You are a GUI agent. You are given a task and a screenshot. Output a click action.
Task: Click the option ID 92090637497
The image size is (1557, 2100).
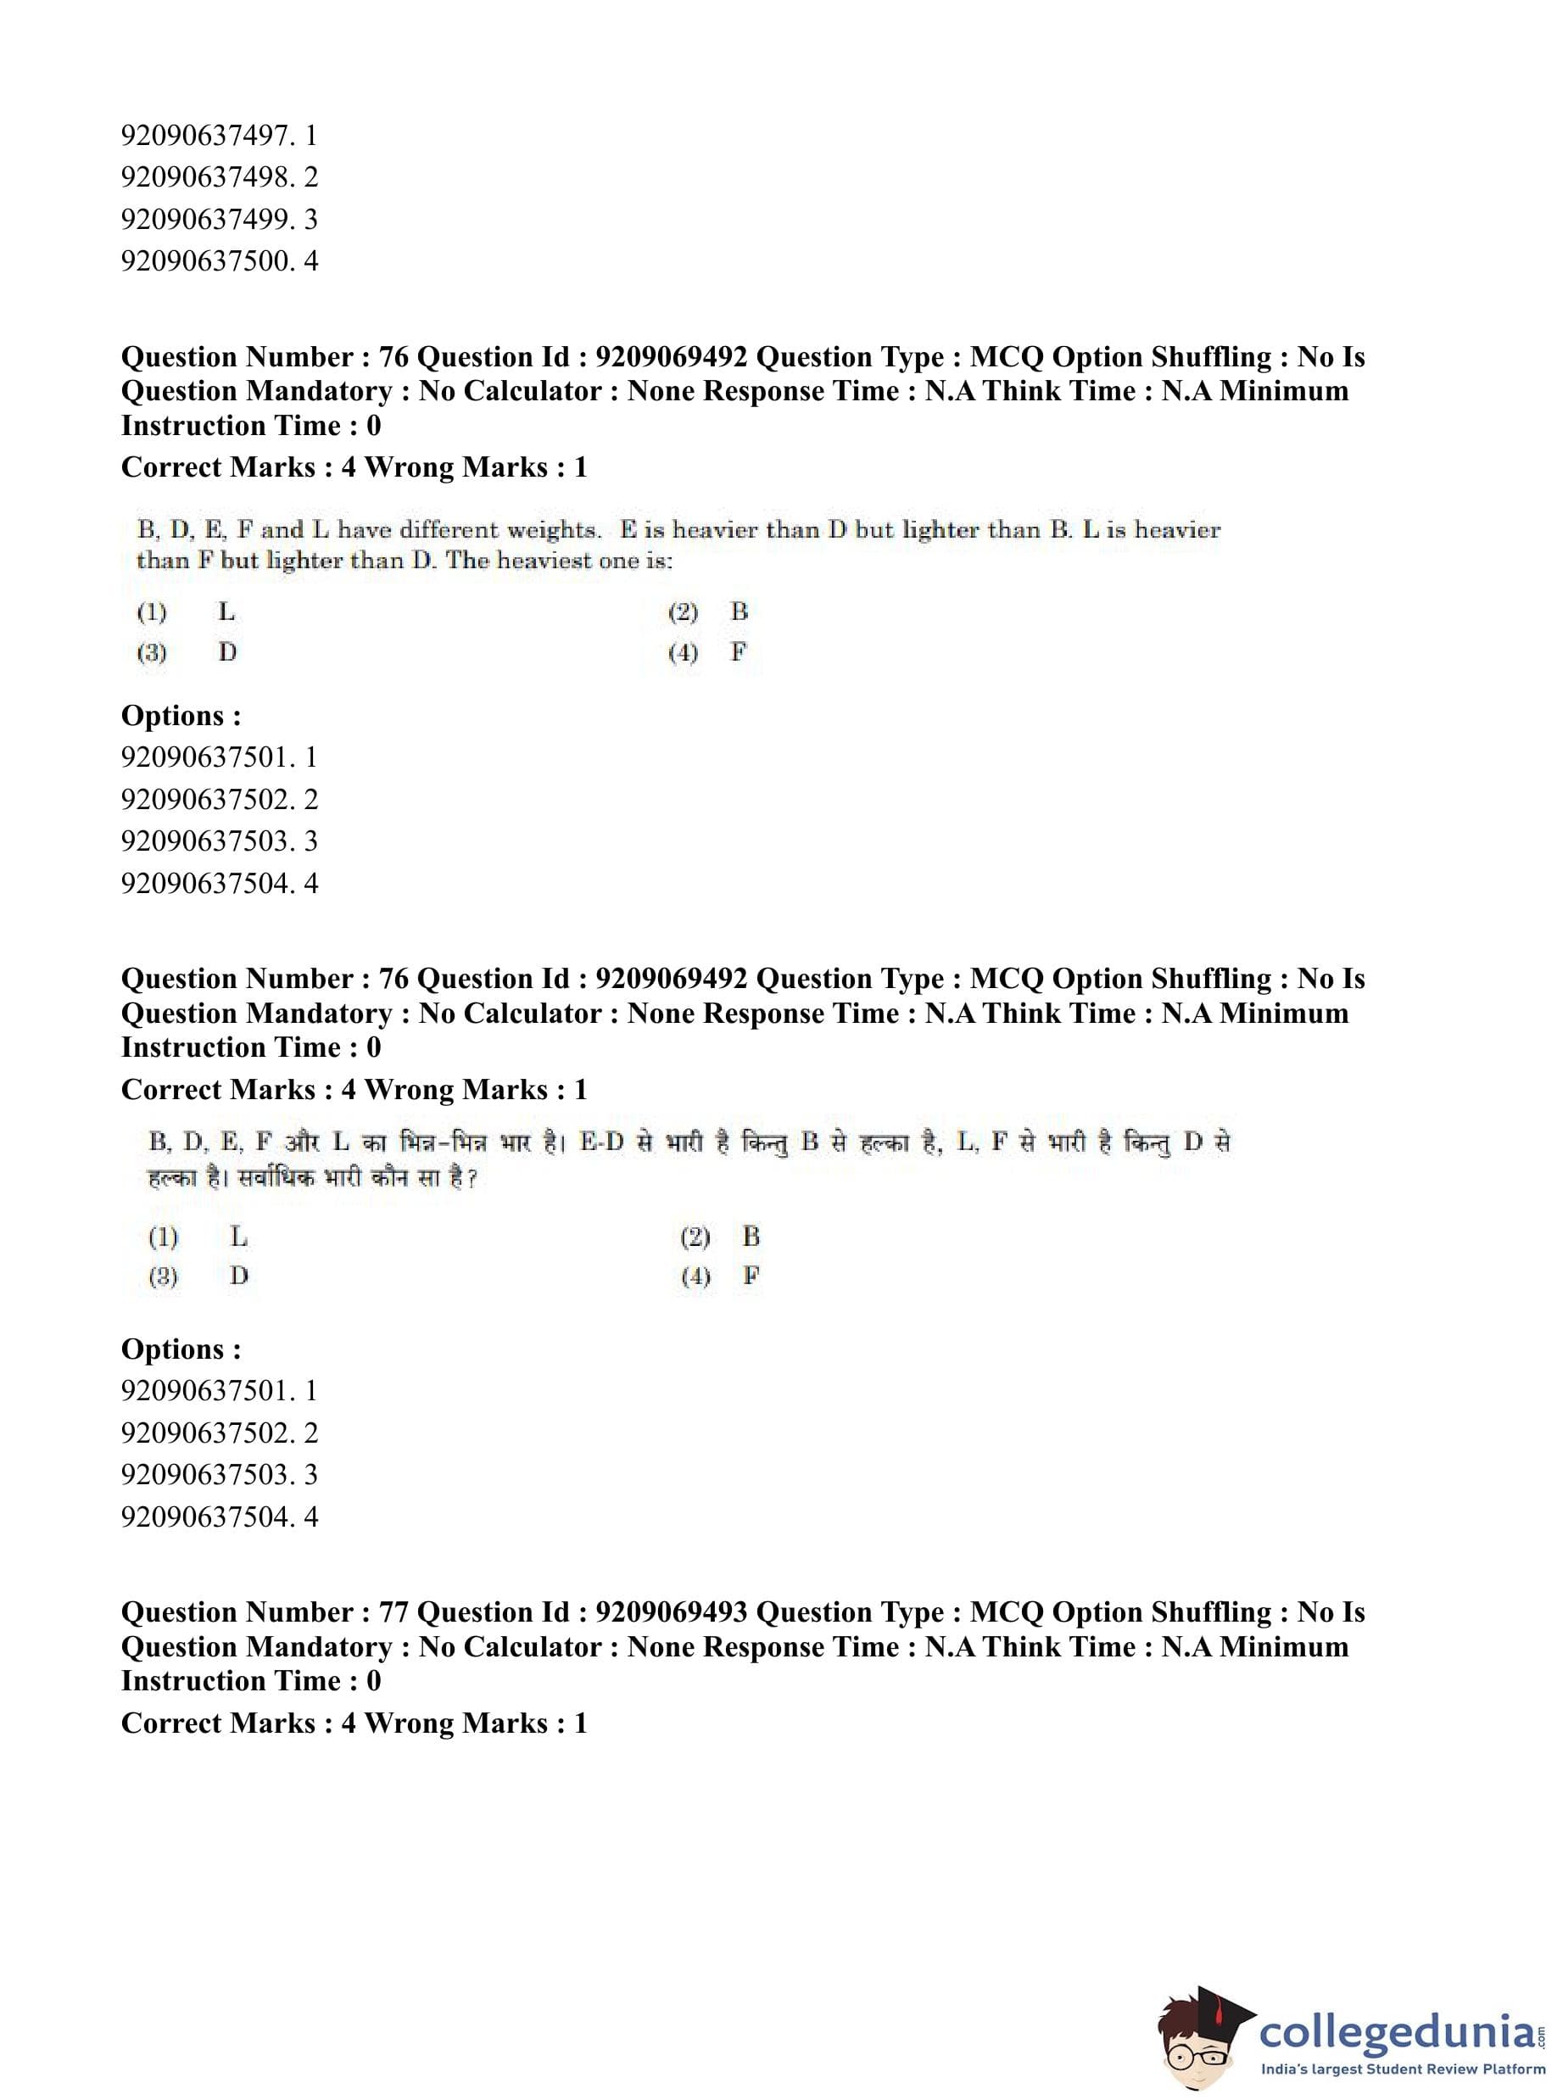206,136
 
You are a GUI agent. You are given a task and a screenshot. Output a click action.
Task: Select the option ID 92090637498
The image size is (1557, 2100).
206,177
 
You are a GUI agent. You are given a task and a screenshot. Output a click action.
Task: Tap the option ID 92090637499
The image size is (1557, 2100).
206,220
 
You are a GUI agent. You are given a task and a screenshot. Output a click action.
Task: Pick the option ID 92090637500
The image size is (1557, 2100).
206,261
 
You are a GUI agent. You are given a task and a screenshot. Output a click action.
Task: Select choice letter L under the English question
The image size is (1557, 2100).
226,612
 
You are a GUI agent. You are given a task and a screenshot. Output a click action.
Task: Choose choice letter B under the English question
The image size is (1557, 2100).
739,612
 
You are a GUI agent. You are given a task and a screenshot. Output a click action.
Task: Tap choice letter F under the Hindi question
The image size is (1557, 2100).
751,1276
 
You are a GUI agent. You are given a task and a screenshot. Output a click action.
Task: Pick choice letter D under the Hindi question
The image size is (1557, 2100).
238,1276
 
